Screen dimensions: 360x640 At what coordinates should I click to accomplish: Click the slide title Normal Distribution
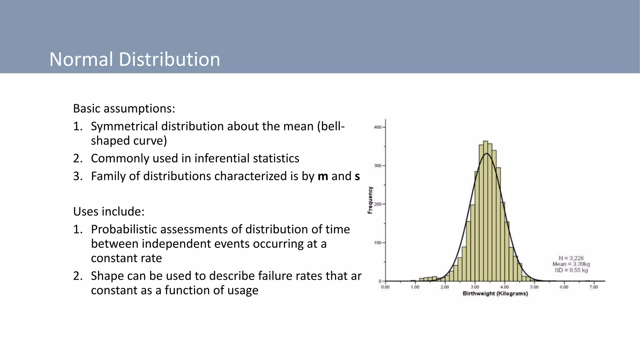[x=135, y=59]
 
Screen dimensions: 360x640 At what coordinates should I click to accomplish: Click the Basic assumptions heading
[x=124, y=109]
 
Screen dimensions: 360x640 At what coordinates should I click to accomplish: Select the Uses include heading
[x=109, y=212]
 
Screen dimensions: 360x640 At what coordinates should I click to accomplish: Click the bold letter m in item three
[x=322, y=177]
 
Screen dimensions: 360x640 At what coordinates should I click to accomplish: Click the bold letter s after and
[x=357, y=177]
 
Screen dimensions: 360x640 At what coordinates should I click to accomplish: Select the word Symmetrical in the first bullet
[x=124, y=126]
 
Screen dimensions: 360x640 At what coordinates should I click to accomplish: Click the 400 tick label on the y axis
[x=377, y=127]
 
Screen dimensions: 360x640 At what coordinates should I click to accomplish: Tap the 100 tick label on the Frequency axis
[x=377, y=243]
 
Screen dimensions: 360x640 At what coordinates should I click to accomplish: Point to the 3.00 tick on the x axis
[x=475, y=287]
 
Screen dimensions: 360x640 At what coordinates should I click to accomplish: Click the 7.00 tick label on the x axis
[x=593, y=287]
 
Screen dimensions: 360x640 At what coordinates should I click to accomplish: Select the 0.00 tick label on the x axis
[x=385, y=287]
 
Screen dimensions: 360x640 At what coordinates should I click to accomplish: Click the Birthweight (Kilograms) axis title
[x=495, y=293]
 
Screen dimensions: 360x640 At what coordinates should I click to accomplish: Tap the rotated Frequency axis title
[x=370, y=200]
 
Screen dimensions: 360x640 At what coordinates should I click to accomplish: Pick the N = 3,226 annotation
[x=571, y=258]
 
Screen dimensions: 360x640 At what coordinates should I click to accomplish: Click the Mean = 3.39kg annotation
[x=571, y=264]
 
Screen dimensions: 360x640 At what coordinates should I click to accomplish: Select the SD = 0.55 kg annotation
[x=571, y=270]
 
